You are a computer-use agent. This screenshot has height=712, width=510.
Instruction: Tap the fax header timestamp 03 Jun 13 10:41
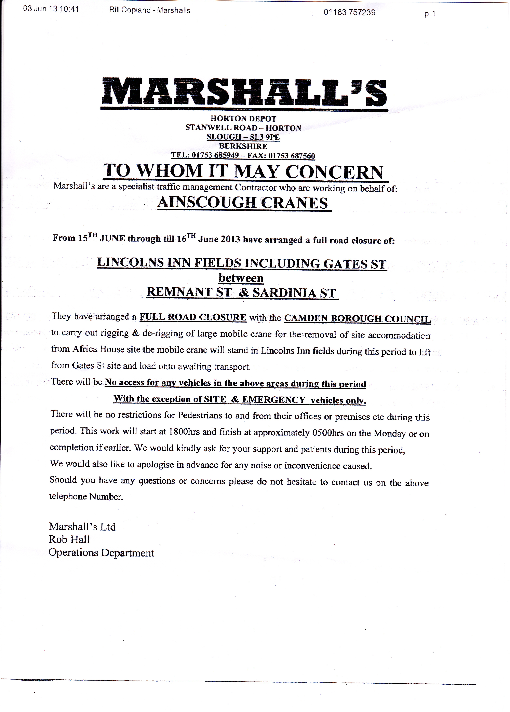[x=51, y=9]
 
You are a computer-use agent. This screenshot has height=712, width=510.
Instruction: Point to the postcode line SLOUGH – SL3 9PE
[x=243, y=137]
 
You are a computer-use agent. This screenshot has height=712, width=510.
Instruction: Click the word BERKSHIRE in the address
[x=243, y=146]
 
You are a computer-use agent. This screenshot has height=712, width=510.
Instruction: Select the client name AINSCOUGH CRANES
[x=243, y=203]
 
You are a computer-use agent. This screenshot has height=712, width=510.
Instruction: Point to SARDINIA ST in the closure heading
[x=294, y=293]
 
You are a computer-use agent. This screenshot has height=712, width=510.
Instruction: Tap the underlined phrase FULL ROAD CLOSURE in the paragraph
[x=193, y=317]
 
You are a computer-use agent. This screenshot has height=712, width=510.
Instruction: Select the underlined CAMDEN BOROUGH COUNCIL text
[x=357, y=319]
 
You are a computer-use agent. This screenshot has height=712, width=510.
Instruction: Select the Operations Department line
[x=101, y=553]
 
